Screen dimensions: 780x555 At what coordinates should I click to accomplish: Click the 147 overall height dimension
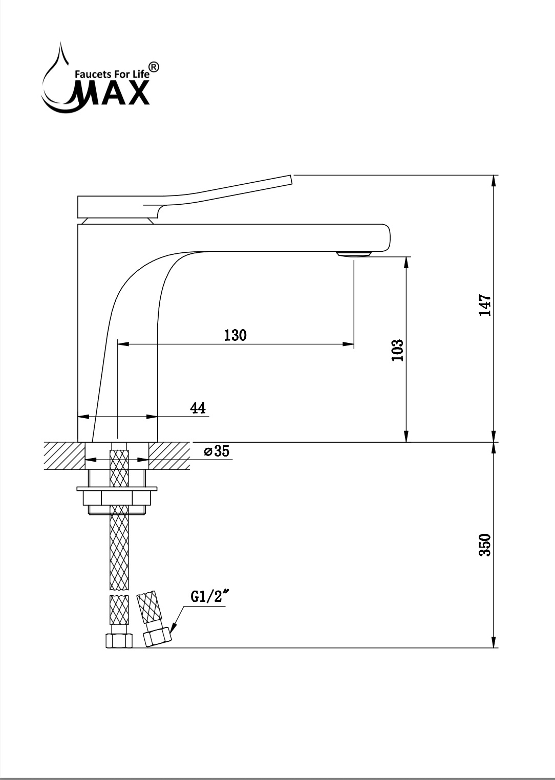(x=485, y=305)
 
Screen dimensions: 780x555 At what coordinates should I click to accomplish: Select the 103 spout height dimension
(x=398, y=350)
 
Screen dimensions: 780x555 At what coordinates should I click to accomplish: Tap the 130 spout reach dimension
(x=235, y=335)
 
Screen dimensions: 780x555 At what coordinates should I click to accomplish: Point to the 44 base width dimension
(x=198, y=408)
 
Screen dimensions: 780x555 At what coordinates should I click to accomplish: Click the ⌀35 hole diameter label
(x=216, y=451)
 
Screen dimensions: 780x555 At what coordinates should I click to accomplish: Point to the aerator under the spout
(x=354, y=254)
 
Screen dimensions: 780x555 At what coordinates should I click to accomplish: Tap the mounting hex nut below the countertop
(x=117, y=497)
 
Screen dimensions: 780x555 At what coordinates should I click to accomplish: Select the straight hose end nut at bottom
(x=119, y=641)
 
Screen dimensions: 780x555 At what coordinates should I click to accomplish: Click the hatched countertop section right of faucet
(x=169, y=456)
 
